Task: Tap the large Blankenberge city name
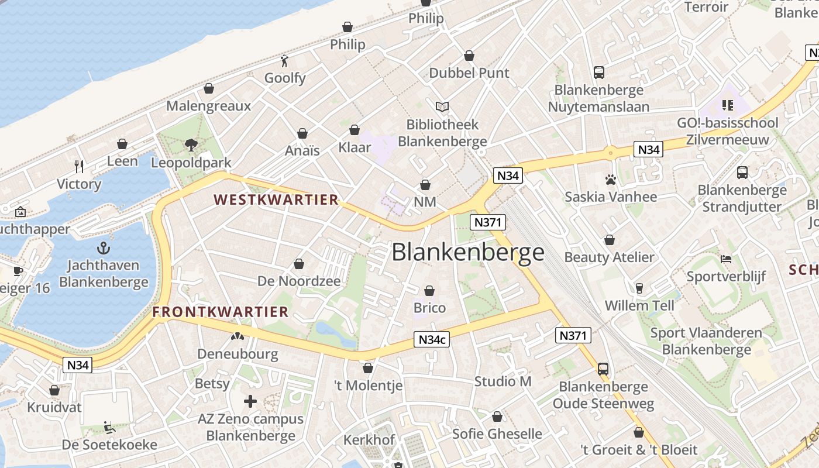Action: pyautogui.click(x=468, y=252)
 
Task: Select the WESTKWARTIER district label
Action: pyautogui.click(x=277, y=200)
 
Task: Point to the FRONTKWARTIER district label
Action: pyautogui.click(x=221, y=312)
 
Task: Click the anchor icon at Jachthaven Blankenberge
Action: pyautogui.click(x=104, y=247)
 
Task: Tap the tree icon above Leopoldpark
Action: pyautogui.click(x=191, y=144)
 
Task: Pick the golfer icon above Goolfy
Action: pyautogui.click(x=285, y=60)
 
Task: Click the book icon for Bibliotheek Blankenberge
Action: pyautogui.click(x=442, y=106)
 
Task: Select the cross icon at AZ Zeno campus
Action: pyautogui.click(x=250, y=401)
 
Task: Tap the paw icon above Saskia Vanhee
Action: pyautogui.click(x=611, y=180)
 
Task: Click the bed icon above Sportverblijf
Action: pyautogui.click(x=726, y=259)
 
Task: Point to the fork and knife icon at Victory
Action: pyautogui.click(x=79, y=167)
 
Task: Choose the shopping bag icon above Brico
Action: pyautogui.click(x=429, y=290)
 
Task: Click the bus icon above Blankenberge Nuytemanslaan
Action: pyautogui.click(x=598, y=72)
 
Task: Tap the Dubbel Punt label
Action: pyautogui.click(x=469, y=73)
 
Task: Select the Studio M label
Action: pyautogui.click(x=503, y=381)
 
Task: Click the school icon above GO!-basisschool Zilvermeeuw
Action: pyautogui.click(x=728, y=105)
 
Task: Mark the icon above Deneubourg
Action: pyautogui.click(x=237, y=336)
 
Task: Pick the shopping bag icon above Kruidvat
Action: pyautogui.click(x=54, y=390)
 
